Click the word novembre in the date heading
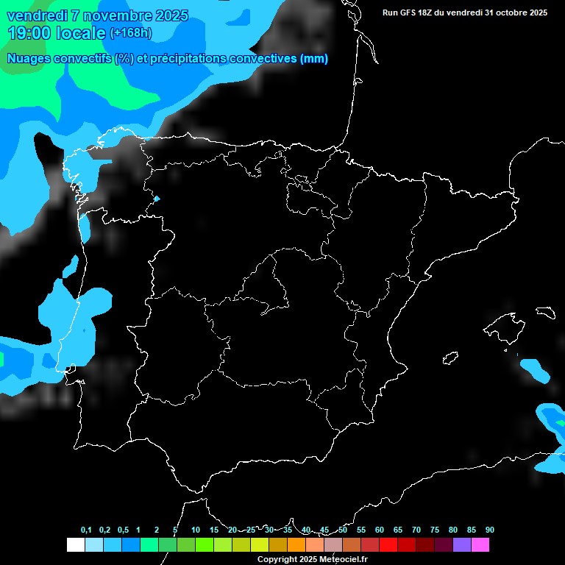[x=104, y=15]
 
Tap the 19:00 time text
[x=29, y=33]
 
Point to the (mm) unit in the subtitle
[x=314, y=59]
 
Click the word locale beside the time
[x=81, y=33]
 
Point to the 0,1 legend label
[x=86, y=530]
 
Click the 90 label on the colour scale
[x=489, y=530]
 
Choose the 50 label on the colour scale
[x=343, y=530]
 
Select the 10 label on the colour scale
[x=196, y=530]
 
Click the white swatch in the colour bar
[x=75, y=544]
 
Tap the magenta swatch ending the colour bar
[x=480, y=544]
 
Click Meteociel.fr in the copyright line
[x=341, y=560]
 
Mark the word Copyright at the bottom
[x=277, y=560]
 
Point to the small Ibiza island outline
[x=451, y=358]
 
